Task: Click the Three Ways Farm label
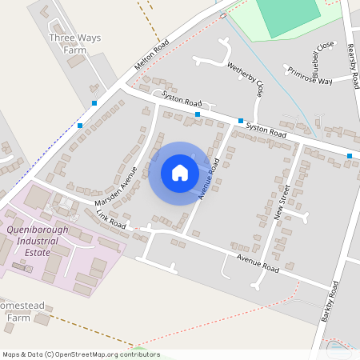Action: pos(67,42)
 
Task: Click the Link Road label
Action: pos(111,219)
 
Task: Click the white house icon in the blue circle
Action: pos(180,173)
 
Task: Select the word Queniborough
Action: pos(38,230)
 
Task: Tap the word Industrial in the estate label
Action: pos(46,241)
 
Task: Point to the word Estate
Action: pos(35,252)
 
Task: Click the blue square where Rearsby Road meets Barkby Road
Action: pos(350,155)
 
